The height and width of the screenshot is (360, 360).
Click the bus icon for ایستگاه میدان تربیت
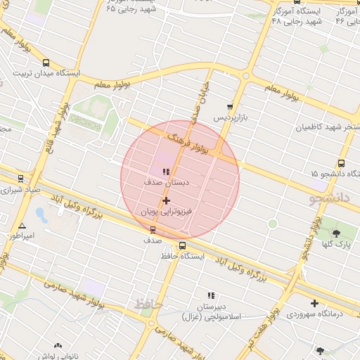(46, 62)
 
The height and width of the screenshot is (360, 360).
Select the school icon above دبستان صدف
(166, 172)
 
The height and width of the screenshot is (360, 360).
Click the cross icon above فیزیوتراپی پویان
(166, 201)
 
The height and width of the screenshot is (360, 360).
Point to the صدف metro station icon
(153, 229)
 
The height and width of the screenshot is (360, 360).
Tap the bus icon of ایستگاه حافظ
(183, 246)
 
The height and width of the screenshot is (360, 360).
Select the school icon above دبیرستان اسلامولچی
(210, 296)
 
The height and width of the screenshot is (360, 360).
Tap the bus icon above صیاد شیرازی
(20, 179)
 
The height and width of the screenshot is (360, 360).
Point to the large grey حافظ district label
(148, 304)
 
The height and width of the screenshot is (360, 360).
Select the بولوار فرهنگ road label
(190, 142)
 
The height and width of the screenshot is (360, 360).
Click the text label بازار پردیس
(233, 117)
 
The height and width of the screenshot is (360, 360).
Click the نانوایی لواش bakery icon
(58, 345)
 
